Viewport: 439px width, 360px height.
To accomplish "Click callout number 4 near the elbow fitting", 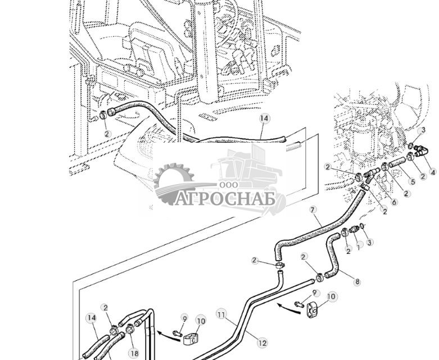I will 432,172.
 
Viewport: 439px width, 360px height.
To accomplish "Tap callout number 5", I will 413,181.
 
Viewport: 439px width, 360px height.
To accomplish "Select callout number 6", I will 393,202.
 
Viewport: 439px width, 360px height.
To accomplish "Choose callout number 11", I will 221,315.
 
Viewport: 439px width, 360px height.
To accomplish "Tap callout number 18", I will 133,353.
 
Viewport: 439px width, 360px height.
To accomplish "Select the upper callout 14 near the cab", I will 264,119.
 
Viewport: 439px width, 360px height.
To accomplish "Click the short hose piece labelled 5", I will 397,164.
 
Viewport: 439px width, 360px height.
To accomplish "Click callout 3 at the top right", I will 423,130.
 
